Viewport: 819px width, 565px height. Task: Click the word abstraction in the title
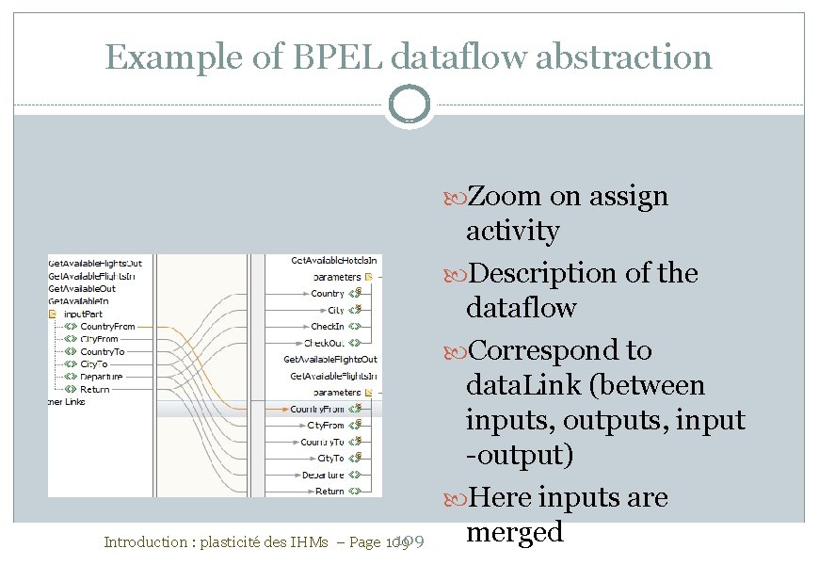coord(624,57)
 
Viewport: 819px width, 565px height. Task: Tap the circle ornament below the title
coord(409,105)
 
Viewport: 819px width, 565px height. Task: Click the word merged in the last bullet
coord(514,532)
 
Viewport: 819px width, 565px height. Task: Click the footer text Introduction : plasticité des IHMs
coord(217,542)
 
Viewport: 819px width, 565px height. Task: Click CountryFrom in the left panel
coord(108,327)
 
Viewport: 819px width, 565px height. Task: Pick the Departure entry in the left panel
coord(102,377)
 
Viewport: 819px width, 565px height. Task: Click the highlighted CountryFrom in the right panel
coord(317,409)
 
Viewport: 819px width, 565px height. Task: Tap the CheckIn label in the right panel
coord(328,327)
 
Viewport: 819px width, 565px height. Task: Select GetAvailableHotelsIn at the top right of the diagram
coord(334,260)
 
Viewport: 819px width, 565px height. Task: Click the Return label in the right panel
coord(329,491)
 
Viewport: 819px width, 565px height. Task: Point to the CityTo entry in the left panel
coord(94,364)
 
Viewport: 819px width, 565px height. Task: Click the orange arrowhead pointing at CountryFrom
coord(283,409)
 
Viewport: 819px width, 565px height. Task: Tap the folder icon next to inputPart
coord(54,314)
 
